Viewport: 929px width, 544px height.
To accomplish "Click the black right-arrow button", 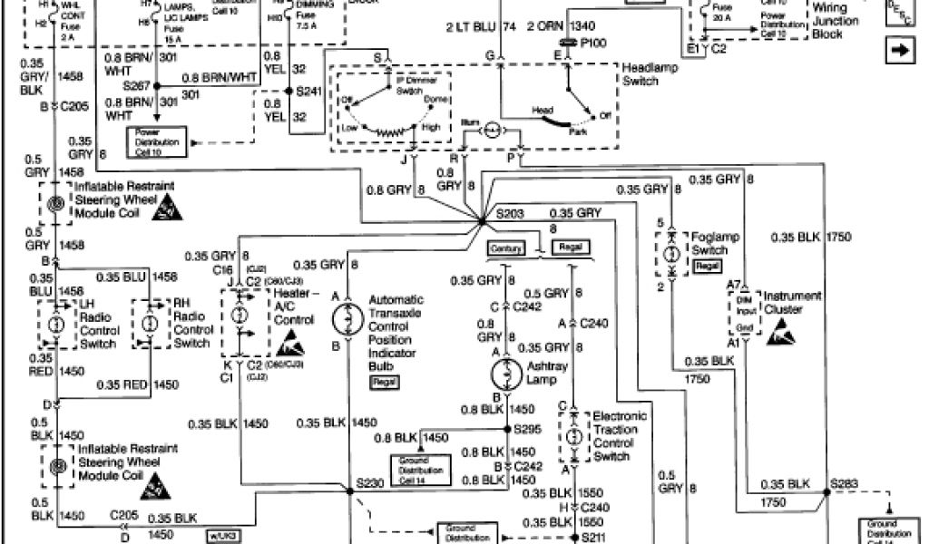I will [x=900, y=51].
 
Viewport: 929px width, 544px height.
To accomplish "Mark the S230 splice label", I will [x=370, y=482].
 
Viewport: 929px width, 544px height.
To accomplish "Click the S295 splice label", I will [x=528, y=428].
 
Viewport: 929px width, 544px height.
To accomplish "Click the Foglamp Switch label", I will [x=716, y=243].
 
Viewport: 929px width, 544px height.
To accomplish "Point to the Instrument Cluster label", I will [x=792, y=302].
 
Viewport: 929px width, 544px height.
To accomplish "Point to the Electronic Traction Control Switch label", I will [x=621, y=436].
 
